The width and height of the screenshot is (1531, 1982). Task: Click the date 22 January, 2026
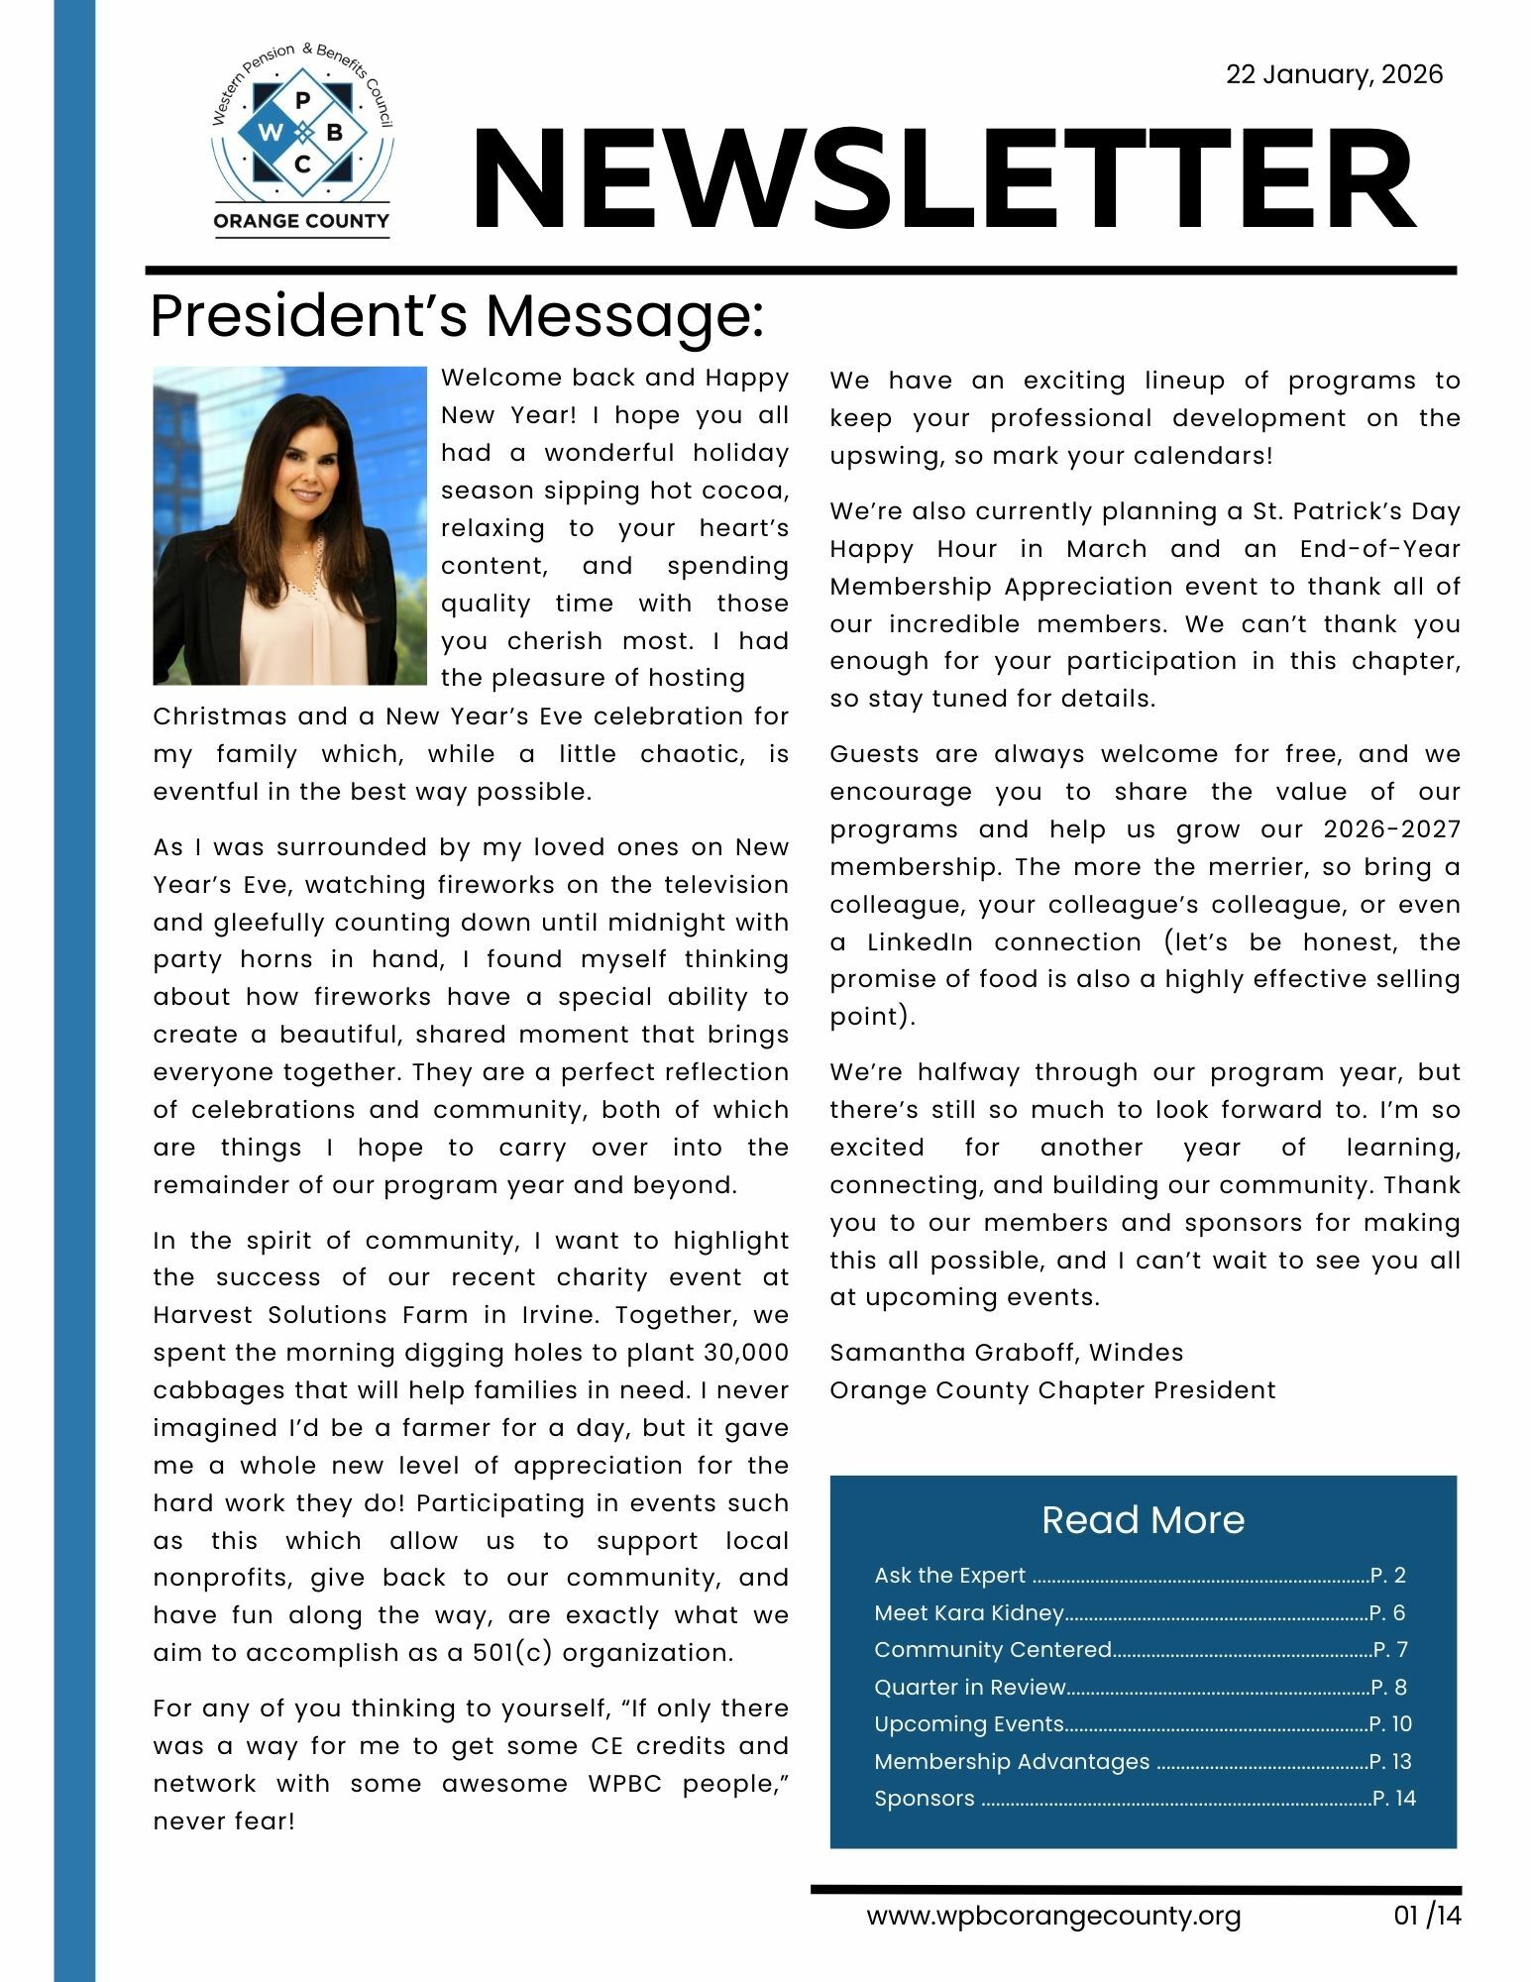click(1334, 75)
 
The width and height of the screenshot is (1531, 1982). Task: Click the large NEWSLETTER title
click(942, 180)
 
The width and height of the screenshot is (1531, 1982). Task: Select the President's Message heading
click(457, 316)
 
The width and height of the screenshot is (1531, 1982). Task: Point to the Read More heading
click(1143, 1519)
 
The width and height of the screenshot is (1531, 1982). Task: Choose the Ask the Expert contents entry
click(949, 1576)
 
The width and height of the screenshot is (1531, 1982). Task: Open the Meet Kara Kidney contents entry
click(968, 1613)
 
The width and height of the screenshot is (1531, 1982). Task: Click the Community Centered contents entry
click(992, 1650)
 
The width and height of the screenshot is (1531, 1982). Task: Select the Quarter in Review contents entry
click(969, 1688)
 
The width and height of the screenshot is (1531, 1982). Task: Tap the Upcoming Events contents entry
click(968, 1724)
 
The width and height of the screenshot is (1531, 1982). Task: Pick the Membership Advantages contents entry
click(1011, 1762)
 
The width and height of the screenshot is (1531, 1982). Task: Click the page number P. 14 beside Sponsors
click(1394, 1799)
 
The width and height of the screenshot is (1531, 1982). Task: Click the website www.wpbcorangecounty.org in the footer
click(1053, 1916)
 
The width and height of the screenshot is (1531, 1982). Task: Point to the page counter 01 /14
click(1427, 1916)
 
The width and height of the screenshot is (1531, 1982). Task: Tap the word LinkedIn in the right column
click(920, 942)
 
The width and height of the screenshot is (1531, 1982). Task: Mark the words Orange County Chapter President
click(1052, 1390)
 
